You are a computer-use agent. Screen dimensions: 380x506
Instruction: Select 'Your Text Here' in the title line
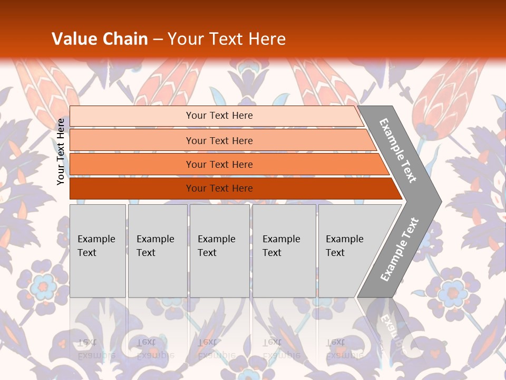pyautogui.click(x=227, y=39)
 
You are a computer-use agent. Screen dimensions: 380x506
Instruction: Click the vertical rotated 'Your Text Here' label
pyautogui.click(x=61, y=152)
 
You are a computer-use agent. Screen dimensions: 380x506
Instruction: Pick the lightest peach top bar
pyautogui.click(x=219, y=116)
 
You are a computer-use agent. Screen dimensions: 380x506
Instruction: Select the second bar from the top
pyautogui.click(x=219, y=140)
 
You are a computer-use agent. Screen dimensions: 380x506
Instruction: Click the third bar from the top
pyautogui.click(x=219, y=164)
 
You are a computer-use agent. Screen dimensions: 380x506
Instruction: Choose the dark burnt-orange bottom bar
pyautogui.click(x=219, y=188)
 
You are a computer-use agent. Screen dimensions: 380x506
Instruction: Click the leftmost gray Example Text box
pyautogui.click(x=98, y=251)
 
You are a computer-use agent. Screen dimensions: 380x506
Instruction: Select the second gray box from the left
pyautogui.click(x=158, y=251)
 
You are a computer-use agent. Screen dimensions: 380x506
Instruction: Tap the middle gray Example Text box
pyautogui.click(x=219, y=251)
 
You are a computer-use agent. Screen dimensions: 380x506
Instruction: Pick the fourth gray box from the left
pyautogui.click(x=284, y=251)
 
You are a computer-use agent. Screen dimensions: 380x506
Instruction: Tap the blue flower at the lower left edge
pyautogui.click(x=43, y=287)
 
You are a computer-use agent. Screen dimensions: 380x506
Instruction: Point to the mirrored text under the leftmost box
pyautogui.click(x=96, y=348)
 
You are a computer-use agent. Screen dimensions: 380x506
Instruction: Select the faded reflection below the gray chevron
pyautogui.click(x=390, y=327)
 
